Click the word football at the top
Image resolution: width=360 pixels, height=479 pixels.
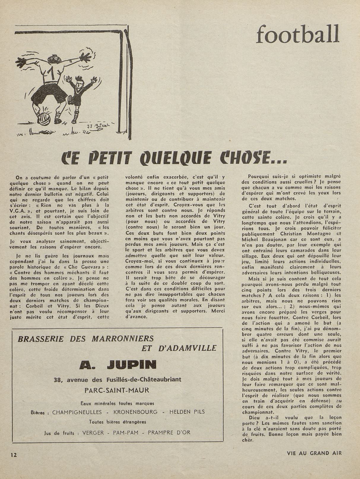coord(297,34)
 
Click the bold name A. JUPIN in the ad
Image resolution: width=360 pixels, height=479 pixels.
coord(118,364)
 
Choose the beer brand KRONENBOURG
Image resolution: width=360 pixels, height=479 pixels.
coord(136,412)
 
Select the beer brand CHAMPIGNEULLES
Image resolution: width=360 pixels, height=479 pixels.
coord(77,412)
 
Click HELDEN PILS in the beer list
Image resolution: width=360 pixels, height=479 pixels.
coord(187,412)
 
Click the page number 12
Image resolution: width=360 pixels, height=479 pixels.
coord(14,455)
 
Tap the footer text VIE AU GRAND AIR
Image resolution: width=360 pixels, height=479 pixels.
coord(314,453)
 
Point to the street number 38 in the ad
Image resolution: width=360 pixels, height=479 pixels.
coord(58,380)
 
